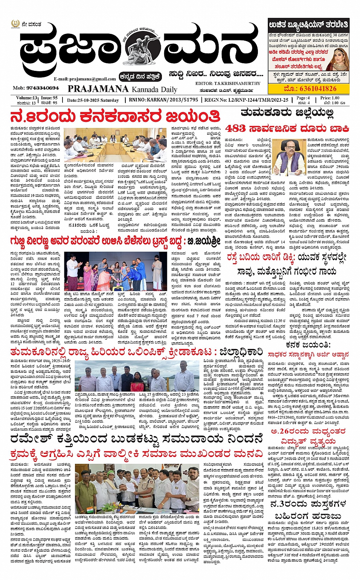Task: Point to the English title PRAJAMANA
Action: (x=98, y=89)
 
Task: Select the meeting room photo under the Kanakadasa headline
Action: (x=115, y=144)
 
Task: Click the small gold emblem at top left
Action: (x=15, y=24)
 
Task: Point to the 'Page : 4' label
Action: (x=303, y=98)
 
